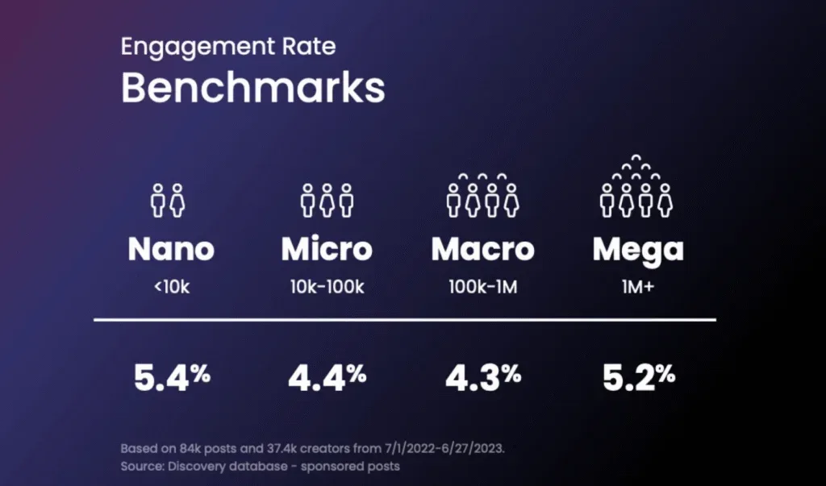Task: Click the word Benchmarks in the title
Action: tap(252, 88)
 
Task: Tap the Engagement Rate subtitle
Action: tap(228, 46)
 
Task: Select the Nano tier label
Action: tap(171, 249)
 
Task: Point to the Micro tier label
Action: tap(327, 249)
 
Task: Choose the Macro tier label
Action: tap(482, 249)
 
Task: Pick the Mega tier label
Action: tap(638, 250)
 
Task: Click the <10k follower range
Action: tap(171, 287)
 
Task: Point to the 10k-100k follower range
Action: tap(327, 287)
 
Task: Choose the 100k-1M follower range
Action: tap(482, 287)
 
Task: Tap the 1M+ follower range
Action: tap(638, 287)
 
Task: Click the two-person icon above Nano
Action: tap(169, 199)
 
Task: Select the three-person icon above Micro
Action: tap(327, 199)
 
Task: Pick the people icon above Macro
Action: tap(482, 193)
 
